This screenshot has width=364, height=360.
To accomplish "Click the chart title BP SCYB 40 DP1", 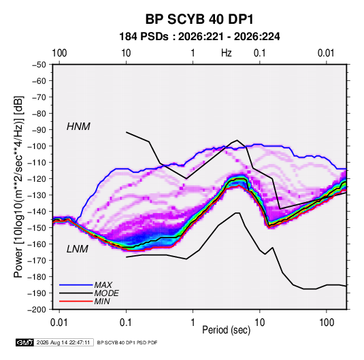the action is pyautogui.click(x=199, y=19).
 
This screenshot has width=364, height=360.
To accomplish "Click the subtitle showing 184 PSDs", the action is pyautogui.click(x=199, y=37).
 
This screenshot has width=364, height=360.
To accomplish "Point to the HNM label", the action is pyautogui.click(x=78, y=127).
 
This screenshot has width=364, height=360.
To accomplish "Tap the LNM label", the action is pyautogui.click(x=78, y=249).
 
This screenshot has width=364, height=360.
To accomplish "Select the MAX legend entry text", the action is pyautogui.click(x=103, y=284).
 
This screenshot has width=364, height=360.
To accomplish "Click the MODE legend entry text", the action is pyautogui.click(x=106, y=293).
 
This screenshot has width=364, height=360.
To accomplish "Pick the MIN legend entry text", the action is pyautogui.click(x=102, y=301).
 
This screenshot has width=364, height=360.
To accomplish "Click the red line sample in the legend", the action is pyautogui.click(x=76, y=301).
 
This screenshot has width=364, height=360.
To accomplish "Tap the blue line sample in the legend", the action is pyautogui.click(x=76, y=284).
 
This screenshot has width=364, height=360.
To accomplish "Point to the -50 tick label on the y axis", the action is pyautogui.click(x=39, y=65).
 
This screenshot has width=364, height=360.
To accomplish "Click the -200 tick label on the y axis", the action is pyautogui.click(x=37, y=310).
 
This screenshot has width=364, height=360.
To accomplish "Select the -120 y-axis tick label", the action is pyautogui.click(x=37, y=178).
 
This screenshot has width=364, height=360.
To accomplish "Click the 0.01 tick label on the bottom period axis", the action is pyautogui.click(x=59, y=323).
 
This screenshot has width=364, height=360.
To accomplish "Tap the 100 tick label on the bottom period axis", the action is pyautogui.click(x=327, y=323).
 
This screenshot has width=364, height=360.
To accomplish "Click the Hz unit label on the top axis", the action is pyautogui.click(x=227, y=53).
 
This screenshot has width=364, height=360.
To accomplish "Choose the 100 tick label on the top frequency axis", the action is pyautogui.click(x=59, y=53).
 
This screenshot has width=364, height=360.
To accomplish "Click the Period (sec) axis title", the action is pyautogui.click(x=227, y=330).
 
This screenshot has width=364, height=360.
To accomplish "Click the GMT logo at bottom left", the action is pyautogui.click(x=24, y=342).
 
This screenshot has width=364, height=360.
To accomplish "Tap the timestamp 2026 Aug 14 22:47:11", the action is pyautogui.click(x=63, y=342).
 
